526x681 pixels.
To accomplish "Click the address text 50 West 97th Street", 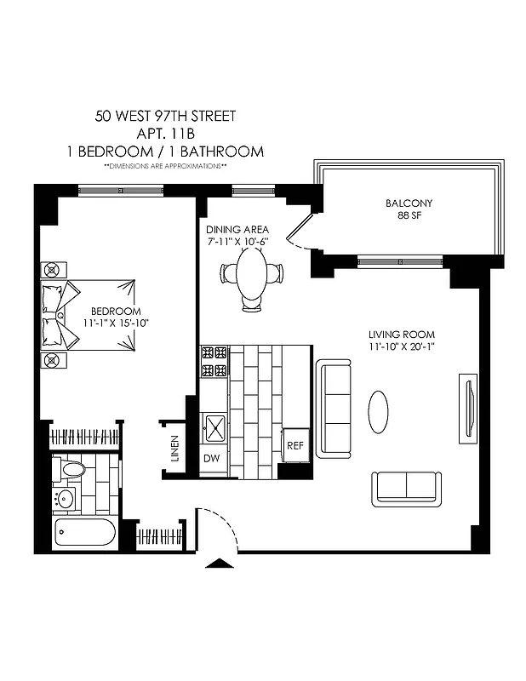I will (x=165, y=115).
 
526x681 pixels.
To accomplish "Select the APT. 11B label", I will (x=165, y=134).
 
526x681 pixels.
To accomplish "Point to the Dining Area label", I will (x=237, y=230).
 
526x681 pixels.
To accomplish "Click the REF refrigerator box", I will (x=294, y=445).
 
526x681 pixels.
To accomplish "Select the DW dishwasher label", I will (x=211, y=458).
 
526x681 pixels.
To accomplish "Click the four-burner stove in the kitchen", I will (x=214, y=361).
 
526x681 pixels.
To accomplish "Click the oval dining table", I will (x=251, y=274).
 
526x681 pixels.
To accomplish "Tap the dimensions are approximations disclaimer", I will (x=165, y=166).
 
